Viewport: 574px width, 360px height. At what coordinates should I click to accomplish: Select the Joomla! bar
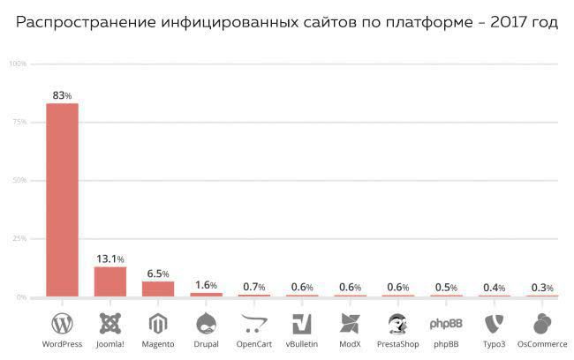[x=110, y=281]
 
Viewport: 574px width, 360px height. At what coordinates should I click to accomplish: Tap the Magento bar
[x=158, y=289]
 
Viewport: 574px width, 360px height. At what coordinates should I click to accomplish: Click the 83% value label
[x=62, y=94]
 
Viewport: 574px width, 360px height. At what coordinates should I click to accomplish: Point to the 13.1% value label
[x=110, y=259]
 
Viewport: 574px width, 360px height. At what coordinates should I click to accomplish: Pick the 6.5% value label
[x=158, y=274]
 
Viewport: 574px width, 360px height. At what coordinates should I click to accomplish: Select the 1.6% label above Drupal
[x=206, y=285]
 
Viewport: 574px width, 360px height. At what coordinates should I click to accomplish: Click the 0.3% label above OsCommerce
[x=542, y=288]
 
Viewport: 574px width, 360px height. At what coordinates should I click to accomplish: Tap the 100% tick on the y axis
[x=18, y=64]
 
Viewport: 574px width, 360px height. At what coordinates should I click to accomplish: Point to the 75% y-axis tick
[x=18, y=122]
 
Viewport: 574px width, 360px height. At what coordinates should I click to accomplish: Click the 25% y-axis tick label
[x=18, y=239]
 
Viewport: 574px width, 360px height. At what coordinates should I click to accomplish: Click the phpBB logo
[x=446, y=323]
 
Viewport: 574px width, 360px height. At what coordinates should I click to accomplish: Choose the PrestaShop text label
[x=397, y=344]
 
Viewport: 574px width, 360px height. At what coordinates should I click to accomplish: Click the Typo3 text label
[x=495, y=344]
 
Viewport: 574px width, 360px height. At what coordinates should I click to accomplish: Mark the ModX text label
[x=350, y=344]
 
